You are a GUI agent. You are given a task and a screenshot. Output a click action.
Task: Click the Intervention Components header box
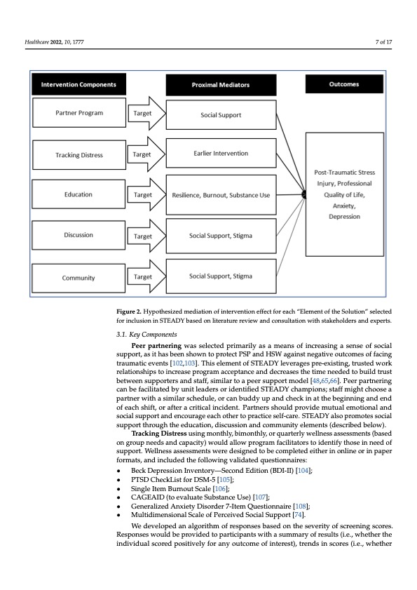(78, 84)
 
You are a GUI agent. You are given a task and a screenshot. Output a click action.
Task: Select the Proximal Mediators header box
(221, 85)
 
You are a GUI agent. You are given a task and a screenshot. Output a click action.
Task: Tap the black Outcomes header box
(344, 84)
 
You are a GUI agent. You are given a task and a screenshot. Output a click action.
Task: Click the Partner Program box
(79, 112)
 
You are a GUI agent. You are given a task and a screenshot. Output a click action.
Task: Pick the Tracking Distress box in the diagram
(79, 154)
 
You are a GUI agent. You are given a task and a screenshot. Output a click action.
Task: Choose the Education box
(78, 194)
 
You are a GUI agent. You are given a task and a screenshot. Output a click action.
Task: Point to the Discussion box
(78, 235)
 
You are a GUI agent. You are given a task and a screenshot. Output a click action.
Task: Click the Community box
(78, 278)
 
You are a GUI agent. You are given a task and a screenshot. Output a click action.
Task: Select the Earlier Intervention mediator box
(221, 153)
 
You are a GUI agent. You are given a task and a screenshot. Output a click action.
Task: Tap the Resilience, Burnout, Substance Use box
(221, 195)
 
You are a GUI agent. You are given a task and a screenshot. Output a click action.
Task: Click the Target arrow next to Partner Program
(146, 113)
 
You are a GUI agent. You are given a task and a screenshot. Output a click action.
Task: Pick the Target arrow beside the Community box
(146, 276)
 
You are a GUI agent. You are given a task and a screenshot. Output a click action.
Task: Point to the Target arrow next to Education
(146, 195)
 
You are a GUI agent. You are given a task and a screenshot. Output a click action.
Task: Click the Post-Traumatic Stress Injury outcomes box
(344, 194)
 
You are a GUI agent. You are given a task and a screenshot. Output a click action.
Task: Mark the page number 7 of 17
(383, 42)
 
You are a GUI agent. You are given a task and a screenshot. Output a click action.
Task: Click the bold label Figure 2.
(129, 311)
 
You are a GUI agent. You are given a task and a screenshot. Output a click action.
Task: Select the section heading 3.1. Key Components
(146, 335)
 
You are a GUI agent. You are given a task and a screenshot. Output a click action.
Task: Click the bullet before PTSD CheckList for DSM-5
(119, 480)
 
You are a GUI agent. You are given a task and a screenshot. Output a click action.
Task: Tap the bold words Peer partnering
(156, 345)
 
